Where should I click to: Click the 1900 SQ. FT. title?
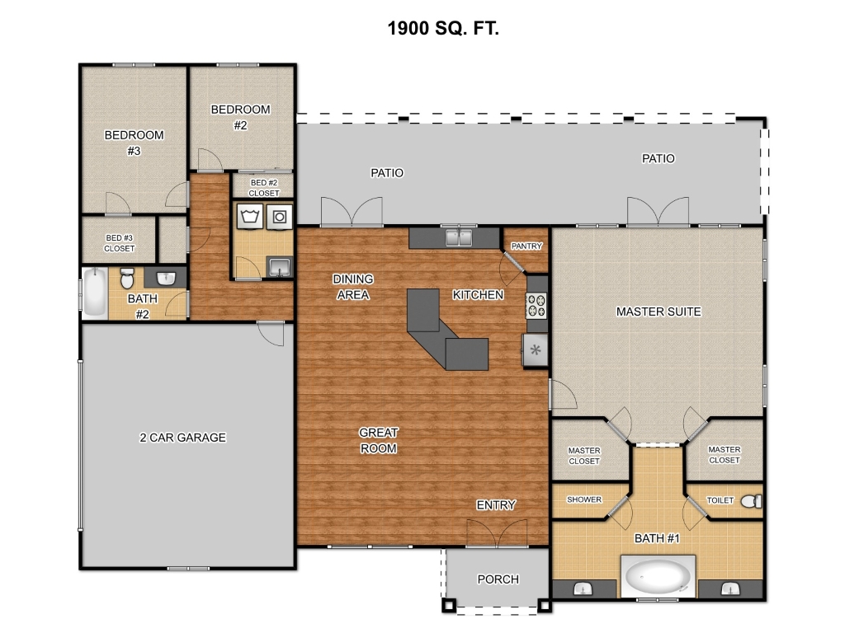pyautogui.click(x=443, y=28)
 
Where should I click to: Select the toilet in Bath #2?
pyautogui.click(x=126, y=279)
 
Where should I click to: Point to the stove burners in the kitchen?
pyautogui.click(x=536, y=305)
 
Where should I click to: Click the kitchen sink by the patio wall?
pyautogui.click(x=459, y=237)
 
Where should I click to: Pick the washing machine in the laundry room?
pyautogui.click(x=250, y=217)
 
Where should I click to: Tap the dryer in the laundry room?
pyautogui.click(x=279, y=217)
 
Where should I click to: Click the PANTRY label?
pyautogui.click(x=526, y=246)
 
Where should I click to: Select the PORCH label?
pyautogui.click(x=498, y=579)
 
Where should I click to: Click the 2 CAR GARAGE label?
pyautogui.click(x=182, y=438)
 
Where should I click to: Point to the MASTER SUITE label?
pyautogui.click(x=659, y=312)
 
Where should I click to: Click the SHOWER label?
pyautogui.click(x=584, y=499)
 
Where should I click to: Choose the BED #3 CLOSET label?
pyautogui.click(x=120, y=243)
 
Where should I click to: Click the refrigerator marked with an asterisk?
pyautogui.click(x=535, y=350)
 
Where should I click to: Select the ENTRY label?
pyautogui.click(x=496, y=505)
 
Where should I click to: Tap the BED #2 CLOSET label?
pyautogui.click(x=264, y=188)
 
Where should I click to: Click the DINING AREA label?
pyautogui.click(x=353, y=287)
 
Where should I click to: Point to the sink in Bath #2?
pyautogui.click(x=166, y=278)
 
